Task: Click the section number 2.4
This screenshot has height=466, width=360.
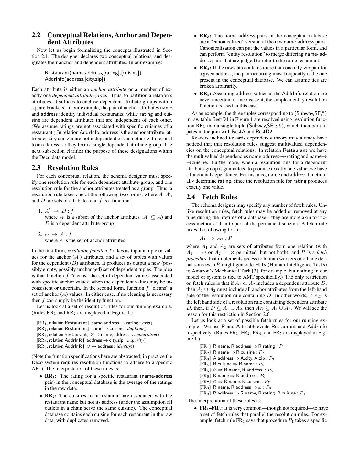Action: click(192, 197)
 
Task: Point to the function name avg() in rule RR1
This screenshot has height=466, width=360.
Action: click(147, 323)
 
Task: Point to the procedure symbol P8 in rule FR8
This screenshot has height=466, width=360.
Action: click(268, 387)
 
